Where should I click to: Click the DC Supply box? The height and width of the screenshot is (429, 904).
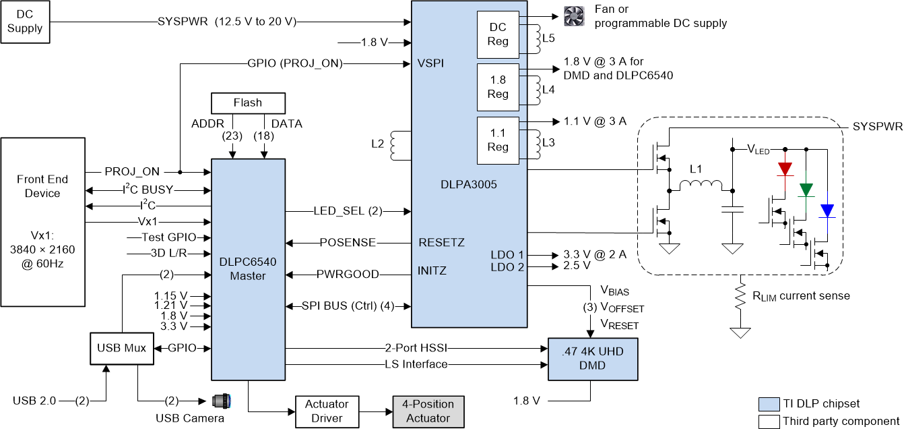tap(25, 22)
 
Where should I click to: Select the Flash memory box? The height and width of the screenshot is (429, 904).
tap(248, 103)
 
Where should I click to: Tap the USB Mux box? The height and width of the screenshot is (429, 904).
tap(121, 349)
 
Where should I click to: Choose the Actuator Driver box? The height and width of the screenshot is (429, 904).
tap(327, 411)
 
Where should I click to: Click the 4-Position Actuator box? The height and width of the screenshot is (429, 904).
tap(428, 411)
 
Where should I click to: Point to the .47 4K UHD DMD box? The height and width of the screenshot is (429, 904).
tap(593, 359)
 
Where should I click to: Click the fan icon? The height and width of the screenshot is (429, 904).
tap(574, 17)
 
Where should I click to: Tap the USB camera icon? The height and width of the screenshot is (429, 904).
tap(222, 401)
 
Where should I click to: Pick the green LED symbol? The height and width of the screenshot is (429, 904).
tap(806, 190)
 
